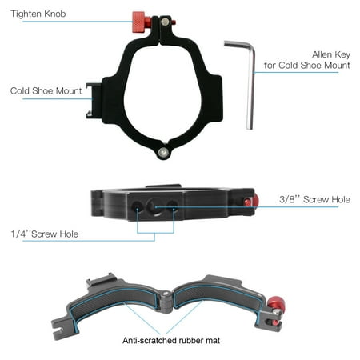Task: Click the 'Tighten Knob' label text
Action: point(38,14)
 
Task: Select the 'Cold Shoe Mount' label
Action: point(46,91)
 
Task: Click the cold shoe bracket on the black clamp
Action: point(94,101)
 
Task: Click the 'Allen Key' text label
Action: point(331,54)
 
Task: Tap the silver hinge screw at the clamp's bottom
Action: point(163,152)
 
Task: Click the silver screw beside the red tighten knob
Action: point(165,22)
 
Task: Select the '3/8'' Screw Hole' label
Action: point(314,199)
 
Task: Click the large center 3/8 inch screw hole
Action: point(154,206)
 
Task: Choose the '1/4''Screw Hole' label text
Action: point(45,234)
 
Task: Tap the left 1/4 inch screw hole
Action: point(137,206)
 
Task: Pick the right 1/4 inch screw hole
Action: point(173,206)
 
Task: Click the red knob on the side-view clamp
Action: point(252,202)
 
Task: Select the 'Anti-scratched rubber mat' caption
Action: point(171,341)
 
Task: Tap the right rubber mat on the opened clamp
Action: point(216,296)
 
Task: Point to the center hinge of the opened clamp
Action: point(166,302)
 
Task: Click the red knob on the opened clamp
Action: point(276,306)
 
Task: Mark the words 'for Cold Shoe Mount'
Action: point(307,66)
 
